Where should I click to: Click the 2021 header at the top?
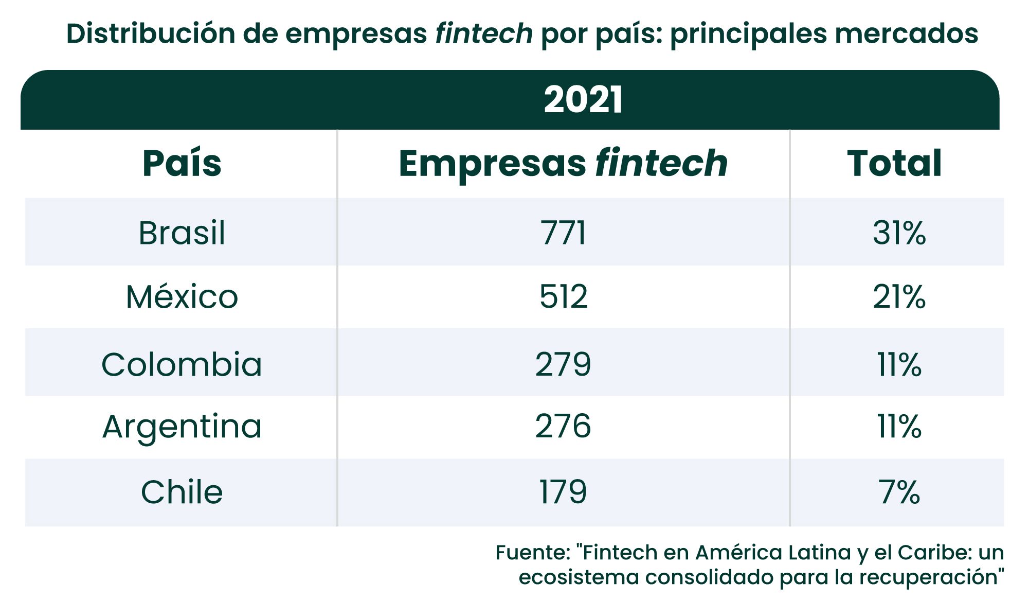pos(583,100)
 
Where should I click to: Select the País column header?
pos(182,164)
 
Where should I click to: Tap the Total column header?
pos(894,164)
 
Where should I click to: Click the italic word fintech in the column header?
pos(661,164)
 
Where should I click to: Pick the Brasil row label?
pos(182,233)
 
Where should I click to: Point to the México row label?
pos(182,297)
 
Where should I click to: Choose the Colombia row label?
pos(182,364)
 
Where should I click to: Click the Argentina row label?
pos(182,427)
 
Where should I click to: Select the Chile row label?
pos(182,492)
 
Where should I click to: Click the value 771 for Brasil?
pos(563,233)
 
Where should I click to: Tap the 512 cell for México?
pos(563,297)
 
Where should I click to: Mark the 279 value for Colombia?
pos(563,364)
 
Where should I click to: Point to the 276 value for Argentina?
pos(563,427)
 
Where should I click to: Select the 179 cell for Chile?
pos(563,492)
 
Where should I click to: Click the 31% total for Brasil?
pos(899,233)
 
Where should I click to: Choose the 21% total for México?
pos(899,297)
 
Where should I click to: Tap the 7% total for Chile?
pos(899,492)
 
